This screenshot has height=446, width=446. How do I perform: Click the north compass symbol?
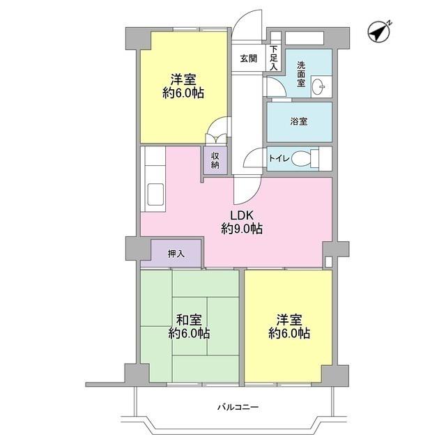379,31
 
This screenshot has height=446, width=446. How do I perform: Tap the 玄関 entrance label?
249,59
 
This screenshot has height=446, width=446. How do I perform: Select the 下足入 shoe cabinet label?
274,58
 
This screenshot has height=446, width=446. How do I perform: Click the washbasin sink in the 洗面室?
319,86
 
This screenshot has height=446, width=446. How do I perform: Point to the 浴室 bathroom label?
299,121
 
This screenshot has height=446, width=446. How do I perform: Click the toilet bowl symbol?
301,159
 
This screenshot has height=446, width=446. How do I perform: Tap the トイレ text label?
279,158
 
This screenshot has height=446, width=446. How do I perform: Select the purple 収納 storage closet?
215,160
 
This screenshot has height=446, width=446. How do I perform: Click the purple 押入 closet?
176,253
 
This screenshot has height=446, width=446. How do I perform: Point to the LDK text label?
242,215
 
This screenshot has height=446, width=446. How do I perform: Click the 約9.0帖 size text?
242,229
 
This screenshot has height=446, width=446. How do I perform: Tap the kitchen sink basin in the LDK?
155,194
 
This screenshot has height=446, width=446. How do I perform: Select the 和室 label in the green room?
189,320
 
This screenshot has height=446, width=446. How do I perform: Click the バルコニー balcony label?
238,407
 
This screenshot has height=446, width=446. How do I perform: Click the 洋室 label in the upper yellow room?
183,79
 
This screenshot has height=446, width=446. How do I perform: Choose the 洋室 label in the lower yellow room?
289,320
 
